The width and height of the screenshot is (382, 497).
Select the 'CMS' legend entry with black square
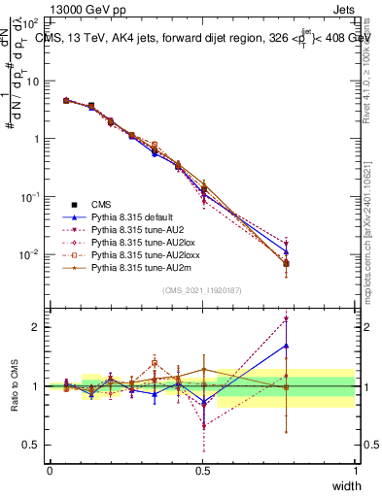[x=102, y=204]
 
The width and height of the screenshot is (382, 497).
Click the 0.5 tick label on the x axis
[x=202, y=471]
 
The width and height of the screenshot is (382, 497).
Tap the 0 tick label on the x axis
[x=50, y=471]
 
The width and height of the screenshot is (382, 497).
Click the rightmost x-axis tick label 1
[x=355, y=471]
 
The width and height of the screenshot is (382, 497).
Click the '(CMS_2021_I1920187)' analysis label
[x=202, y=290]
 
